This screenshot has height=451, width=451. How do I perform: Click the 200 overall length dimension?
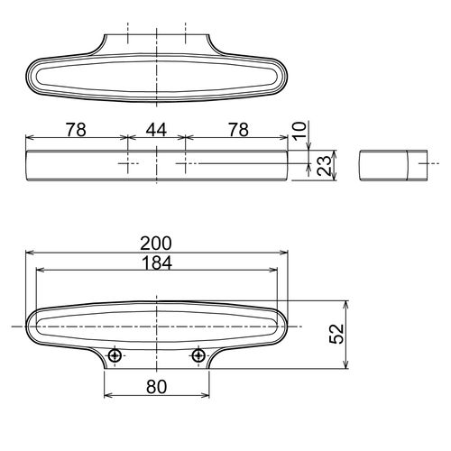[x=156, y=244]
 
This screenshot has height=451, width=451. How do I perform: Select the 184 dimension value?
[x=157, y=263]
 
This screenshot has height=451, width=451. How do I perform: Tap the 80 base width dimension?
[x=156, y=387]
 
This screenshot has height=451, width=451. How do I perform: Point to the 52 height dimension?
[x=336, y=334]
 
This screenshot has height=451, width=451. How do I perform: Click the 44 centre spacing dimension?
[x=156, y=130]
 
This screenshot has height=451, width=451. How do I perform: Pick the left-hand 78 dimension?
[x=76, y=130]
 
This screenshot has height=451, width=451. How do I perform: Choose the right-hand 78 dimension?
[x=238, y=130]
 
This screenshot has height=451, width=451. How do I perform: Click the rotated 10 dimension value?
[x=300, y=131]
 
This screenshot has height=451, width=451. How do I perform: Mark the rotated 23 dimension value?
[x=325, y=166]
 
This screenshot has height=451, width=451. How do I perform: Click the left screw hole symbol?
[x=115, y=356]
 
